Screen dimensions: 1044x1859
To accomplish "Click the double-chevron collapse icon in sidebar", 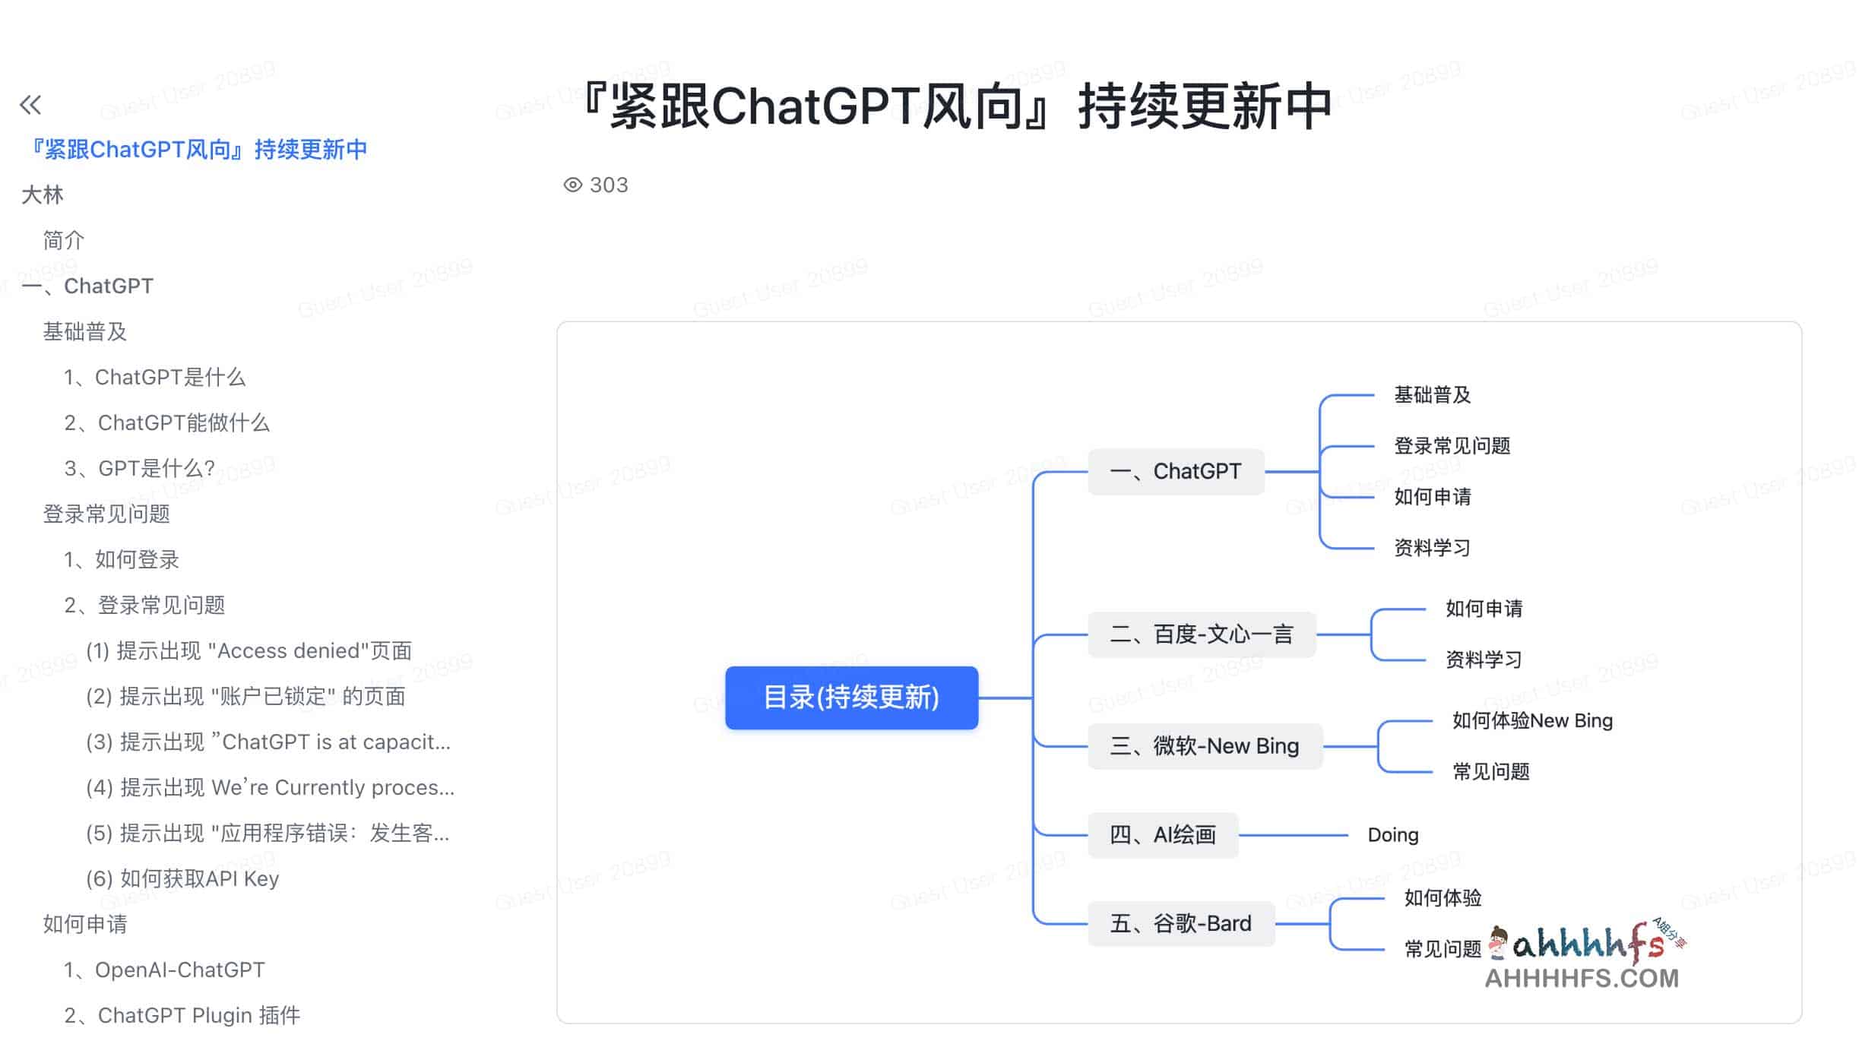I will tap(30, 105).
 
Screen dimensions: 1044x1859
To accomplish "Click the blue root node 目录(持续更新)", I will tap(851, 698).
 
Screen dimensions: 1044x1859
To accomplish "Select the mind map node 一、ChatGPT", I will tap(1176, 472).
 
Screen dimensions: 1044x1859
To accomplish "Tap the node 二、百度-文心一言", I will tap(1202, 634).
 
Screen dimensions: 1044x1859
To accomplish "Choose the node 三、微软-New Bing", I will tap(1205, 746).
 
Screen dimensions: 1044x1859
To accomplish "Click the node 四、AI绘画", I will tap(1163, 835).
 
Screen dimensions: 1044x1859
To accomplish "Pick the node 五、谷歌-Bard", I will tap(1181, 924).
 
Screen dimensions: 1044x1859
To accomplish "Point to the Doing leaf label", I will tap(1392, 835).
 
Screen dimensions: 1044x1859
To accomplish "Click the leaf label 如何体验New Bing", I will tap(1531, 720).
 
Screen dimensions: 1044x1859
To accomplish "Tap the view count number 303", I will tap(609, 185).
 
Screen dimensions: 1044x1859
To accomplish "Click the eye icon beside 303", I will tap(572, 185).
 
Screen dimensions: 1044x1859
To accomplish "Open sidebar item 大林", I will tap(43, 195).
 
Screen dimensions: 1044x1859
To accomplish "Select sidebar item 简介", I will tap(64, 241).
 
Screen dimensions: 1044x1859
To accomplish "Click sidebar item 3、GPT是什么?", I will tap(140, 469).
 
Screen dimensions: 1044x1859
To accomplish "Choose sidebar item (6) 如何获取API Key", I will tap(182, 879).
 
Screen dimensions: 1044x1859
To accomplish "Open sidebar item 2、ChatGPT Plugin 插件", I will tap(182, 1016).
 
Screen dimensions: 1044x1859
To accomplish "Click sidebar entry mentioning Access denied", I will tap(249, 651).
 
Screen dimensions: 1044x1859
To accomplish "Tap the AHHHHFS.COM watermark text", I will tap(1581, 979).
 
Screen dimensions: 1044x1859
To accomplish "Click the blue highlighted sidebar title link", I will tap(196, 150).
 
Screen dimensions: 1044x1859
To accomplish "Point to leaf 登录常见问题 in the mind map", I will tap(1452, 446).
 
